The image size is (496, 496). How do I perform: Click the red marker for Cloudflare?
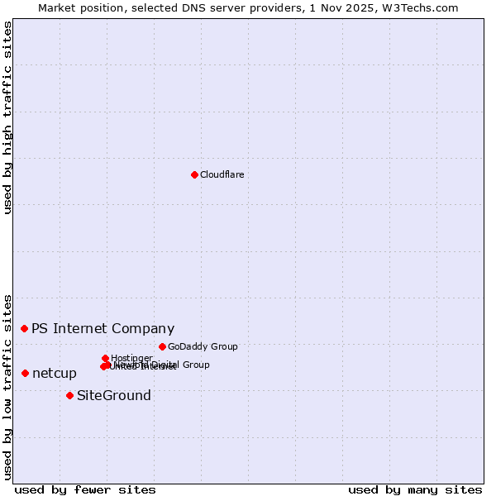(x=194, y=174)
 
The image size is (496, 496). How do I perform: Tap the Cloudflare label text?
(x=222, y=174)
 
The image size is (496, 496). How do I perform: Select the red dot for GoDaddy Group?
(x=162, y=346)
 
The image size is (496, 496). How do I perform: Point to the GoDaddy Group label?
(x=203, y=347)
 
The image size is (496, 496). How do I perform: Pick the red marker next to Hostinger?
(x=105, y=358)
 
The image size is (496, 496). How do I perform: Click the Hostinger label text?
(x=132, y=358)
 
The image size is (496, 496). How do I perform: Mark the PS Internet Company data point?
(x=24, y=328)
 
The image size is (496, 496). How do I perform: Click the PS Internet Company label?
(x=103, y=329)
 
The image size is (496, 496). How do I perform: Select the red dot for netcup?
(x=25, y=373)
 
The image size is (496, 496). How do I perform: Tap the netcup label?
(x=55, y=374)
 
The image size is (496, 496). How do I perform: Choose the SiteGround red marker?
(x=69, y=395)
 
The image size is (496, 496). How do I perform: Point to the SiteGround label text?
(x=114, y=396)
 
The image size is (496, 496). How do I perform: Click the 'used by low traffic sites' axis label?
(x=8, y=385)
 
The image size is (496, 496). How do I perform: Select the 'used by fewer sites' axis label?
(x=85, y=489)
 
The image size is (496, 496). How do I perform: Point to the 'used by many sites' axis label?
(x=415, y=489)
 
